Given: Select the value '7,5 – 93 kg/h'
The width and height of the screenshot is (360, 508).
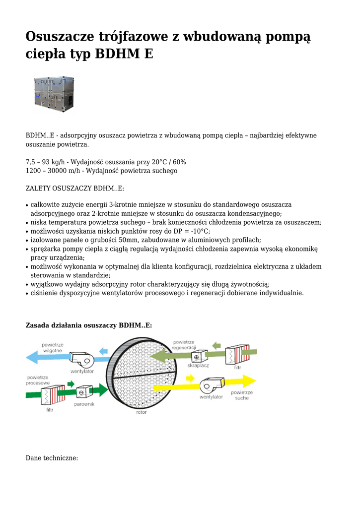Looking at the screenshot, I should (x=46, y=162).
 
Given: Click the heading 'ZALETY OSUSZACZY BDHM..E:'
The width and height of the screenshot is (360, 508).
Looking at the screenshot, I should (x=74, y=188).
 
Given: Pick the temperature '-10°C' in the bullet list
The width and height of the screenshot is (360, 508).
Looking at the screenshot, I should (x=200, y=231).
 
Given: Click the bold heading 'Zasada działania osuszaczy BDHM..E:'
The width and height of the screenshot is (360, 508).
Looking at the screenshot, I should (x=88, y=325).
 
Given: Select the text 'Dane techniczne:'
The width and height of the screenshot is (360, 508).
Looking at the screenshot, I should (x=52, y=458).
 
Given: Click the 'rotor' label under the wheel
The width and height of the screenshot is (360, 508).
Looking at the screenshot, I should (x=142, y=412).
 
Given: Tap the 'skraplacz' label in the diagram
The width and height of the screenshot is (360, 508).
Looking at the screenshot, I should (x=198, y=366).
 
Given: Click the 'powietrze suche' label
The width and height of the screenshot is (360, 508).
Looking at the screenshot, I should (x=242, y=395).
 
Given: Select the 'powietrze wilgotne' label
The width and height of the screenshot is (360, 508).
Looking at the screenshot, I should (x=52, y=347).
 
